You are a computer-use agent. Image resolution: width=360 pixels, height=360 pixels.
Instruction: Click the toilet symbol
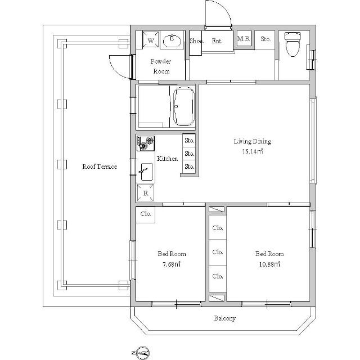pyautogui.click(x=292, y=44)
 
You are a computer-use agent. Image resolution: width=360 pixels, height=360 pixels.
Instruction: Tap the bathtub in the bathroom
pyautogui.click(x=184, y=106)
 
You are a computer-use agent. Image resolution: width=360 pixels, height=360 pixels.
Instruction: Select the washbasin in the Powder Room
pyautogui.click(x=172, y=41)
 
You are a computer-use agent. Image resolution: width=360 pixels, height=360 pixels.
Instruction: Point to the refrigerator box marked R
pyautogui.click(x=146, y=193)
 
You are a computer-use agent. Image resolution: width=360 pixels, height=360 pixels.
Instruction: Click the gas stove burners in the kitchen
pyautogui.click(x=146, y=143)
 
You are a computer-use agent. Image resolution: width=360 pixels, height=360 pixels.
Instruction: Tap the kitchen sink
pyautogui.click(x=146, y=172)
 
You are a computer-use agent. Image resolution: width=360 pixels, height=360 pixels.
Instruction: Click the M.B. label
pyautogui.click(x=244, y=39)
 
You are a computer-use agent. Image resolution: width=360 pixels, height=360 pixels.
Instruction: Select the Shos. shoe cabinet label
pyautogui.click(x=196, y=41)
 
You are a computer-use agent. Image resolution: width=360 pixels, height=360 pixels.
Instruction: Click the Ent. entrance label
pyautogui.click(x=217, y=41)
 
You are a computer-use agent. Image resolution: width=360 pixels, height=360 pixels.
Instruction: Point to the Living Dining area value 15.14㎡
pyautogui.click(x=253, y=152)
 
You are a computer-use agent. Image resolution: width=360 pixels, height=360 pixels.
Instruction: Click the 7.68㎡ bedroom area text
pyautogui.click(x=172, y=264)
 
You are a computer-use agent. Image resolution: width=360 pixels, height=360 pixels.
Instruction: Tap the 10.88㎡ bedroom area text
pyautogui.click(x=269, y=264)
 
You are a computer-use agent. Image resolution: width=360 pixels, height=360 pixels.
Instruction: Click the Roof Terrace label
pyautogui.click(x=100, y=166)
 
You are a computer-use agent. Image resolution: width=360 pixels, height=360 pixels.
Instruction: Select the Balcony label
pyautogui.click(x=225, y=318)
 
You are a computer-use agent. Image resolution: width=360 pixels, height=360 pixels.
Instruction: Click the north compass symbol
pyautogui.click(x=142, y=353)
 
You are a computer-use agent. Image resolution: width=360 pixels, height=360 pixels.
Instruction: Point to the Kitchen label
pyautogui.click(x=167, y=159)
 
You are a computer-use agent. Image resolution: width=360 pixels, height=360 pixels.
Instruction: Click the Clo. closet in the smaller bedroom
pyautogui.click(x=146, y=214)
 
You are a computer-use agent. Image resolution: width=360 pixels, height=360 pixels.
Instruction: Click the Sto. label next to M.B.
pyautogui.click(x=265, y=39)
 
